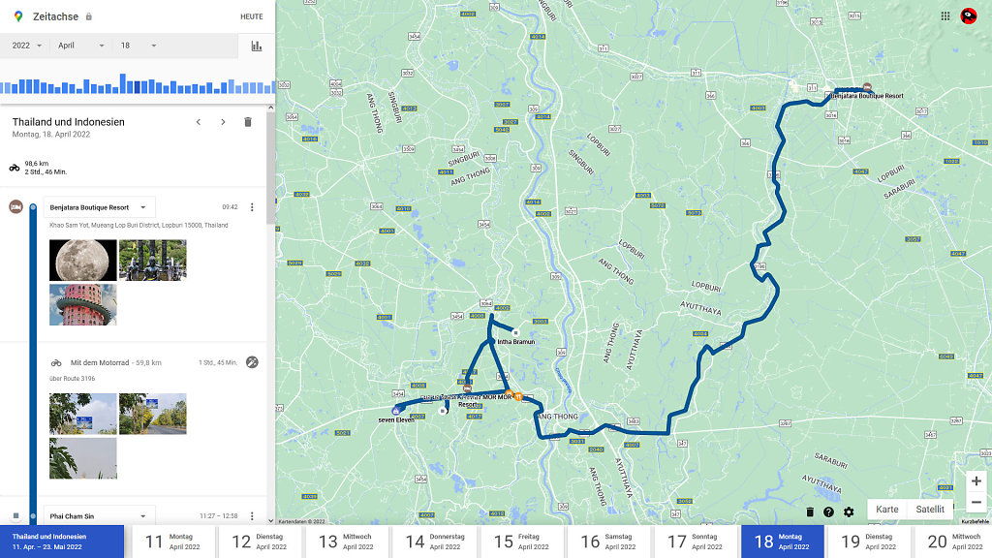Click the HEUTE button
pos(251,16)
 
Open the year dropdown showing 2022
pos(26,46)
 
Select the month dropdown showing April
pos(80,46)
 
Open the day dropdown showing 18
pos(135,46)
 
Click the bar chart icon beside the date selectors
pos(257,46)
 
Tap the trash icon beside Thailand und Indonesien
pos(248,122)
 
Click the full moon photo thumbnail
pos(83,260)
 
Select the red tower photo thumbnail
pos(83,304)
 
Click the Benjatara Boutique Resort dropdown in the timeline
pos(99,207)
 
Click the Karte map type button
pos(886,510)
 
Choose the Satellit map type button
pos(930,510)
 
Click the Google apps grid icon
pos(945,15)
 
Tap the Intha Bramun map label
pos(515,341)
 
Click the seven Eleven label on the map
pos(396,419)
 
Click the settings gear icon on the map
pos(849,511)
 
